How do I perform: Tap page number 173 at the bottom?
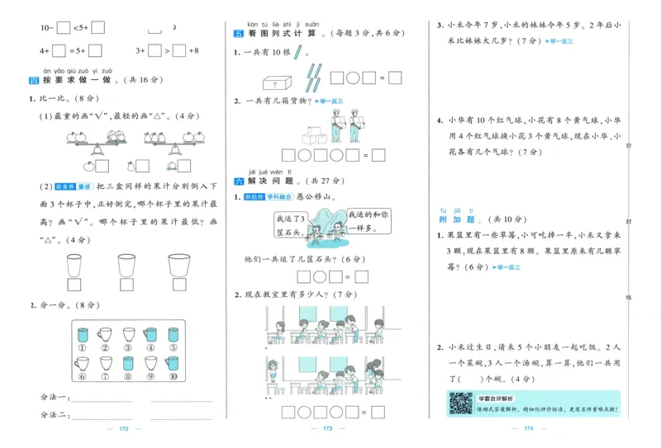click(327, 429)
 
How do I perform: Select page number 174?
click(529, 429)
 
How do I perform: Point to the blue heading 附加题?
click(456, 219)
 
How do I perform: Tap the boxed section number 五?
click(240, 34)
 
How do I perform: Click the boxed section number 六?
click(240, 180)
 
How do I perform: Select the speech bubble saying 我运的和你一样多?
click(368, 219)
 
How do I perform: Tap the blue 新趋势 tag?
click(253, 197)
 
